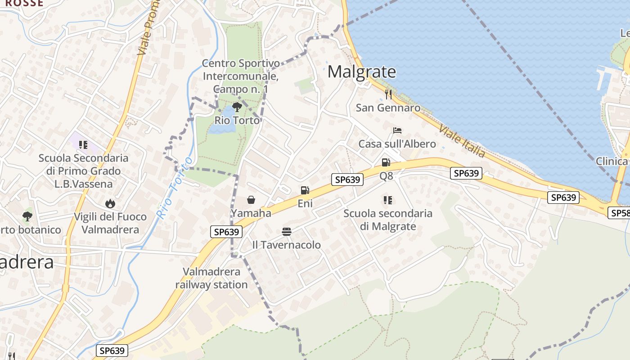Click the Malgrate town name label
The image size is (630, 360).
click(362, 72)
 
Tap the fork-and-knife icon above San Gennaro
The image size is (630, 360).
click(388, 94)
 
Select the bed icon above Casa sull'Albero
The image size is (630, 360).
click(397, 130)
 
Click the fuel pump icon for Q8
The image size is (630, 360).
click(386, 162)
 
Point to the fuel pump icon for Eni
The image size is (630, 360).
click(305, 190)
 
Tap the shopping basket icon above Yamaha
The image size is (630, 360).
click(251, 200)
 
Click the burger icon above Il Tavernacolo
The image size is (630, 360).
click(287, 232)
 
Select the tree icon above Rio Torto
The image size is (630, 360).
click(237, 107)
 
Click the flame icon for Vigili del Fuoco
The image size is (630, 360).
click(110, 204)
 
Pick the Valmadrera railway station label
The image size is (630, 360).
click(211, 278)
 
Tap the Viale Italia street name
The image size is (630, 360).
click(462, 141)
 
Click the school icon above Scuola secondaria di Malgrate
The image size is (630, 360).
click(387, 200)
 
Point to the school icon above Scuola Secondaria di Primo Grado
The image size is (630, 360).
click(83, 144)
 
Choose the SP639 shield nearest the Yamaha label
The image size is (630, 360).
click(226, 232)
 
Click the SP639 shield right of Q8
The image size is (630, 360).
click(466, 173)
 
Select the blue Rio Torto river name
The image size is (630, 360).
click(175, 188)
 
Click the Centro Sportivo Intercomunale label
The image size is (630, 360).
click(241, 76)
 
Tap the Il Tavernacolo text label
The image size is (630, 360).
click(286, 245)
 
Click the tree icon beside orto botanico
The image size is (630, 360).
click(27, 216)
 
